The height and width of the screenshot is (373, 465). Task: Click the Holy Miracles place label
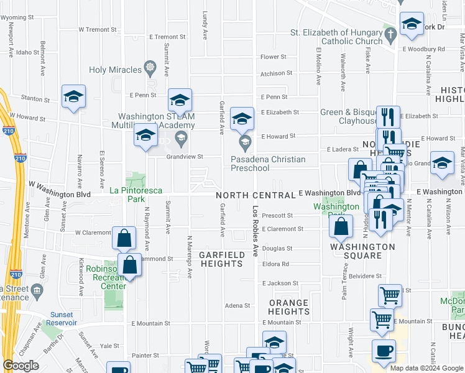[x=116, y=70]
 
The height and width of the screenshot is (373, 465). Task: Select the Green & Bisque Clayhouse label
[x=348, y=116]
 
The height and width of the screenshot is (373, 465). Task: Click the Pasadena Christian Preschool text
[x=268, y=163]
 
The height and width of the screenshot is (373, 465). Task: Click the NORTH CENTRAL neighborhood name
[x=255, y=195]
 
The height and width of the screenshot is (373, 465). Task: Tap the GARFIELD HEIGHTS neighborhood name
[x=221, y=259]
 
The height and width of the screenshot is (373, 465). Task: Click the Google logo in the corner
[x=21, y=366]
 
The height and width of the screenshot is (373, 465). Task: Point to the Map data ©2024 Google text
[x=426, y=368]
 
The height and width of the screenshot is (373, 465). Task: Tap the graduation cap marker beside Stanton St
[x=73, y=98]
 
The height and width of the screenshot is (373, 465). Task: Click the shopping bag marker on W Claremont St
[x=124, y=237]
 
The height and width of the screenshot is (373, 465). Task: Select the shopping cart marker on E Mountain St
[x=382, y=320]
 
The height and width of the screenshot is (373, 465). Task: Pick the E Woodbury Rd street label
[x=423, y=48]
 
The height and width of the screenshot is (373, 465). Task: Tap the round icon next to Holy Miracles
[x=149, y=66]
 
